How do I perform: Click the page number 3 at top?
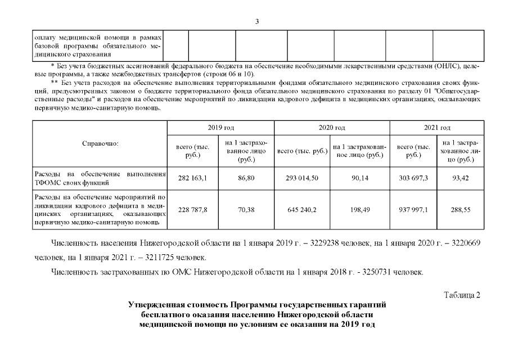(257, 21)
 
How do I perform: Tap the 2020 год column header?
(332, 128)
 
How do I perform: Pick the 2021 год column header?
(437, 128)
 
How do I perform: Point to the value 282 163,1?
(193, 178)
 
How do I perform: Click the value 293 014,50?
(303, 178)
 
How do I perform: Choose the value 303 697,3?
(413, 178)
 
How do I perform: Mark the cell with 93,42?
(461, 178)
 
